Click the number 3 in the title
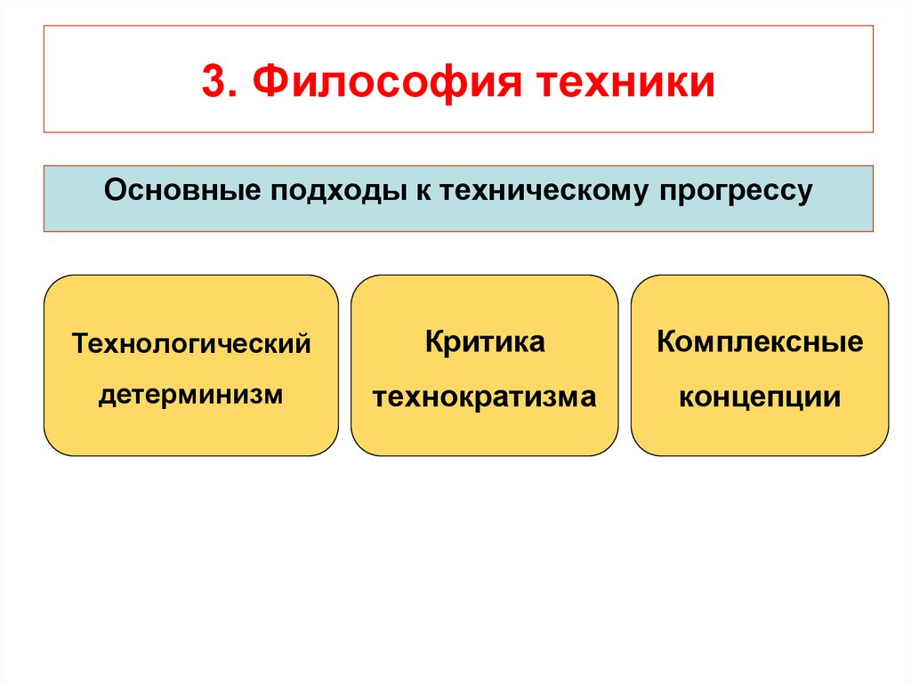pyautogui.click(x=213, y=81)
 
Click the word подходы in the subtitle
pyautogui.click(x=326, y=191)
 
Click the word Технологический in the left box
pyautogui.click(x=191, y=343)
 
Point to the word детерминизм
pyautogui.click(x=190, y=392)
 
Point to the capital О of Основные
pyautogui.click(x=114, y=191)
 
